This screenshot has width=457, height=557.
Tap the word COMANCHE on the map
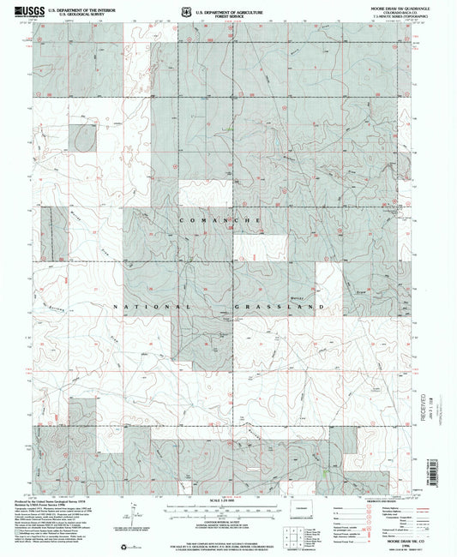pos(220,221)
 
